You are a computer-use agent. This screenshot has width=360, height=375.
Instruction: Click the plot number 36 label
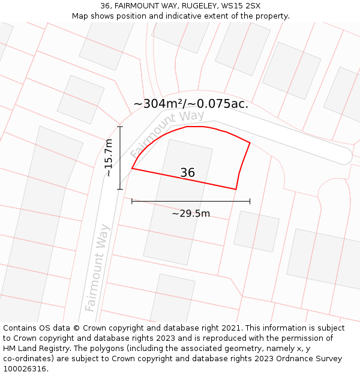pos(187,173)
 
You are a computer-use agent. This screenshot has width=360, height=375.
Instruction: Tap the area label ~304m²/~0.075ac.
pos(191,104)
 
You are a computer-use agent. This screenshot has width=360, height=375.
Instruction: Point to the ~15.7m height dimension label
pos(108,158)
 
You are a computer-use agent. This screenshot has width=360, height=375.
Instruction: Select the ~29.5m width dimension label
pos(191,214)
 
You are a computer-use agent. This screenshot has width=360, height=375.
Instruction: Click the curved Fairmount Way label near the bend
pos(167,133)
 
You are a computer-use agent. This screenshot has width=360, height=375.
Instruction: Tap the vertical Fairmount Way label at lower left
pos(98,268)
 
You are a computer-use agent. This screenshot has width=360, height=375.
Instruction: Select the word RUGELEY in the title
pos(194,6)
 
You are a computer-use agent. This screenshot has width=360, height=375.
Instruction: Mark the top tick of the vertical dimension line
pos(120,127)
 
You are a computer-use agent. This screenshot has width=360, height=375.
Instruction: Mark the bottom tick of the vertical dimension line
pos(120,190)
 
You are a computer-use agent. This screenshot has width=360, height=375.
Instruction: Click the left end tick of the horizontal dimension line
pos(132,202)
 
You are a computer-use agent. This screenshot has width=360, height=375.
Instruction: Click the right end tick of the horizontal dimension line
pos(250,202)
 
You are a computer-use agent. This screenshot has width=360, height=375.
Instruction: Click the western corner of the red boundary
pos(132,169)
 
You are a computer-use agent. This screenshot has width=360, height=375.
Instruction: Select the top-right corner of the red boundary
pos(250,143)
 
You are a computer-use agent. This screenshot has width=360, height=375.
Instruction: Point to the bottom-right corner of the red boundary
pos(236,190)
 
